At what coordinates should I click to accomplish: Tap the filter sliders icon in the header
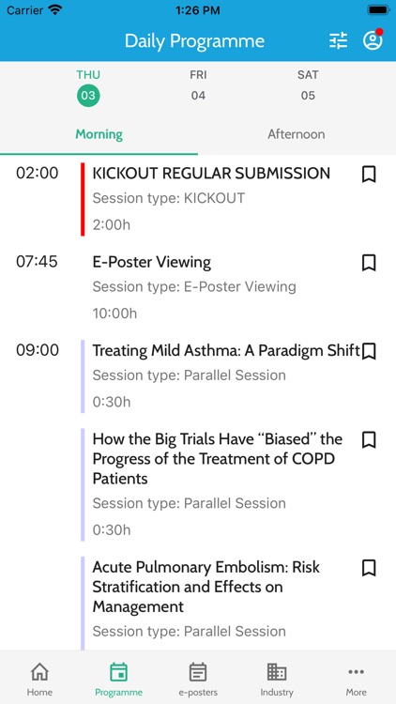pos(338,40)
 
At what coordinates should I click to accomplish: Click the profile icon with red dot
pos(373,40)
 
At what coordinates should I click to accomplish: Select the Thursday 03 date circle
pos(88,95)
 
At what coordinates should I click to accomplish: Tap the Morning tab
pos(99,134)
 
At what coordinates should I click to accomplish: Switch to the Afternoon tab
pos(297,134)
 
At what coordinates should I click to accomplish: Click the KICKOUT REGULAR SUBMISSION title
pos(211,173)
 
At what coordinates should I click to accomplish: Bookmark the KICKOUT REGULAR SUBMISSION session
pos(369,174)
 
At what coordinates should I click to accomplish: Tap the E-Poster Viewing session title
pos(151,262)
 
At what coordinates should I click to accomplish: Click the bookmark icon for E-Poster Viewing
pos(369,263)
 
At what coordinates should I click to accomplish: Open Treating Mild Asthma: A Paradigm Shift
pos(225,350)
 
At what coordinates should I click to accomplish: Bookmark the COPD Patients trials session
pos(369,439)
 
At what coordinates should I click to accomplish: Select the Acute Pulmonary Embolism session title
pos(206,587)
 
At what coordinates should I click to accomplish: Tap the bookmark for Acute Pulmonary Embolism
pos(369,568)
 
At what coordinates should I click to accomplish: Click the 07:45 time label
pos(37,262)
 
